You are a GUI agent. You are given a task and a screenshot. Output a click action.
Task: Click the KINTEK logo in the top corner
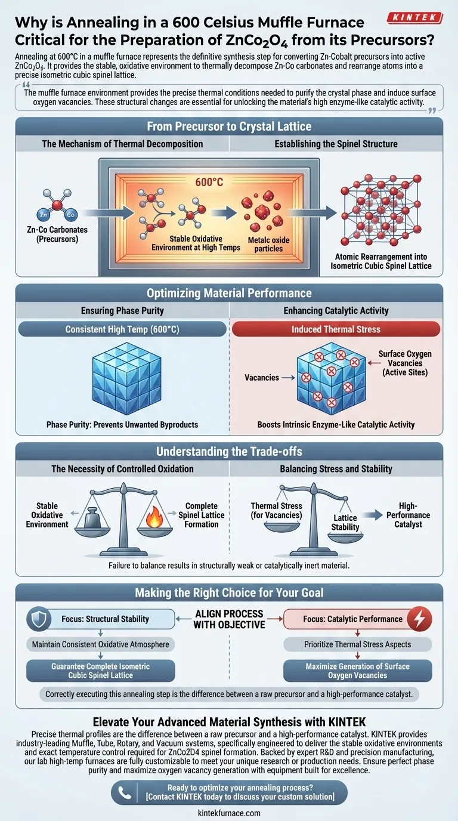(x=414, y=18)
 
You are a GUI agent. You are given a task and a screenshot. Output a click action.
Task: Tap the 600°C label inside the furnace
(x=208, y=182)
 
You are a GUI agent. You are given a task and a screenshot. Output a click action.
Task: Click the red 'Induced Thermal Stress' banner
(x=336, y=329)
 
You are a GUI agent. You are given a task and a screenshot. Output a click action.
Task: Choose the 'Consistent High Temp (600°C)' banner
(x=123, y=329)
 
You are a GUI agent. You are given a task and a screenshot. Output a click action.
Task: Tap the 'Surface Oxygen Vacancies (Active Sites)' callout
(x=405, y=363)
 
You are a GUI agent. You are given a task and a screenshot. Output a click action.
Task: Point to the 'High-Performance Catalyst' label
(x=408, y=514)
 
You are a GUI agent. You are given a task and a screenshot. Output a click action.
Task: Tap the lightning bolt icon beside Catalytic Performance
(x=421, y=619)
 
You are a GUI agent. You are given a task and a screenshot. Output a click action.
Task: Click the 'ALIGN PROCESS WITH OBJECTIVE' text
(x=228, y=619)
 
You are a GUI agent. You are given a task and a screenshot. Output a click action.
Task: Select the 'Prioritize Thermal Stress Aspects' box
(x=357, y=644)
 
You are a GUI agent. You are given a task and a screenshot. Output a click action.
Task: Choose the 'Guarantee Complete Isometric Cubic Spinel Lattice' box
(x=101, y=671)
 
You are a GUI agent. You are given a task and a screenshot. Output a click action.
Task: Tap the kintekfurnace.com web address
(x=229, y=813)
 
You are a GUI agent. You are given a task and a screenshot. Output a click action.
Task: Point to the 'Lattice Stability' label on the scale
(x=345, y=523)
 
